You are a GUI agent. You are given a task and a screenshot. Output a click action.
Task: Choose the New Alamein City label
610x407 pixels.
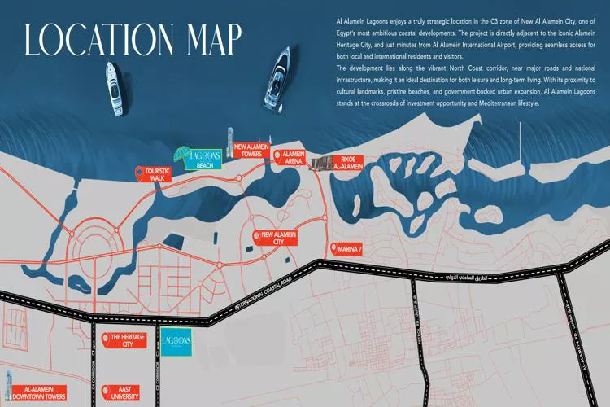tap(277, 238)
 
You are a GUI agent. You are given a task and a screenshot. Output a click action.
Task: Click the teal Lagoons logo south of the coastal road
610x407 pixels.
tap(177, 343)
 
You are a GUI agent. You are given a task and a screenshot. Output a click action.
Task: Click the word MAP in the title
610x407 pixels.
tap(204, 39)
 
